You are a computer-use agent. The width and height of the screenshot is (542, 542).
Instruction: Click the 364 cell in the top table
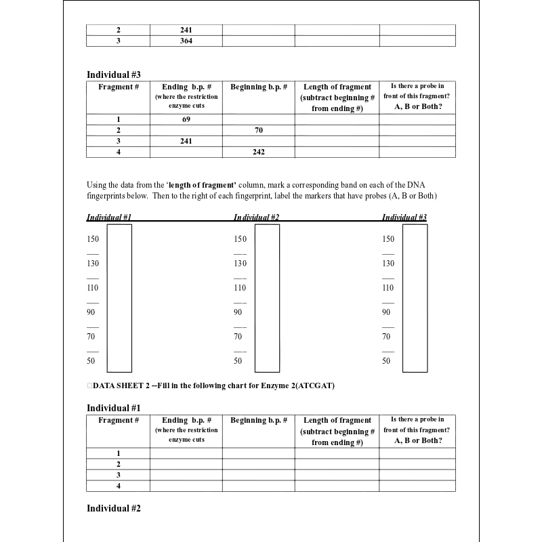186,41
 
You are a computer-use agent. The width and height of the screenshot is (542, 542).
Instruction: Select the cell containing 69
186,119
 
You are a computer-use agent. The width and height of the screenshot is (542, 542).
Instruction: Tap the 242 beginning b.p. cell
259,152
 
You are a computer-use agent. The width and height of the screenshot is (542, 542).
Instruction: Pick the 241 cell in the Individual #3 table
186,141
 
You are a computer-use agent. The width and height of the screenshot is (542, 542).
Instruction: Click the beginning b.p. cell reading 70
259,130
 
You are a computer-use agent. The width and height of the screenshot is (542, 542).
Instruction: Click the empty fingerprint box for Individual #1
119,298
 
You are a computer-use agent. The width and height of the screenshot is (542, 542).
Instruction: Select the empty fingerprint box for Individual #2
267,298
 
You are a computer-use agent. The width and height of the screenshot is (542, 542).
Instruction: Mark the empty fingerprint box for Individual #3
415,298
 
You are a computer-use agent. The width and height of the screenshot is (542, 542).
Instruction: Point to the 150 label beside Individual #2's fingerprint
241,239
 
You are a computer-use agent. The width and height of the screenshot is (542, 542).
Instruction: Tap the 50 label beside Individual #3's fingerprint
386,361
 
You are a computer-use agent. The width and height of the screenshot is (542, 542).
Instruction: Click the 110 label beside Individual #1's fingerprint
93,288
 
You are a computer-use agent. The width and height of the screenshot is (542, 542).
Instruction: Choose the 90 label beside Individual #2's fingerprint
238,312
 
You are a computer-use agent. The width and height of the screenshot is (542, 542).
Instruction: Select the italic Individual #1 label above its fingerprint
108,217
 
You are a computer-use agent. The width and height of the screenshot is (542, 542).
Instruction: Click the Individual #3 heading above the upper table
114,75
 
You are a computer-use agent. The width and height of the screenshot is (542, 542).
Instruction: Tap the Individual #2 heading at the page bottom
114,508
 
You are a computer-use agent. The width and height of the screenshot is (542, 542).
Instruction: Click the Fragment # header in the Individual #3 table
119,87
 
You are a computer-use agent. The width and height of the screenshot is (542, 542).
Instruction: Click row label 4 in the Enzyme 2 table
119,486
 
